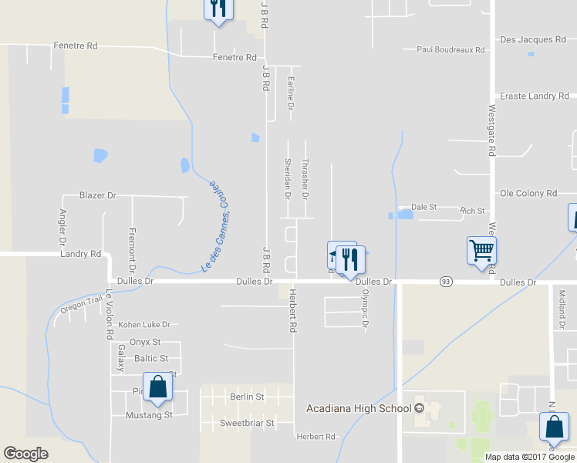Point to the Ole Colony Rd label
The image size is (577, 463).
(528, 193)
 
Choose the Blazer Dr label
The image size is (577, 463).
(97, 196)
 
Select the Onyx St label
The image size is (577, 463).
(144, 342)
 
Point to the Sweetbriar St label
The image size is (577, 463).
(247, 424)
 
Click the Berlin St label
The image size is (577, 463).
(247, 397)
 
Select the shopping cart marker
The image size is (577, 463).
(481, 250)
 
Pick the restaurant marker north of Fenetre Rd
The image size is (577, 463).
(218, 8)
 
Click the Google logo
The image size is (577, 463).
(25, 454)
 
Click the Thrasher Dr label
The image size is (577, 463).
(305, 181)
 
